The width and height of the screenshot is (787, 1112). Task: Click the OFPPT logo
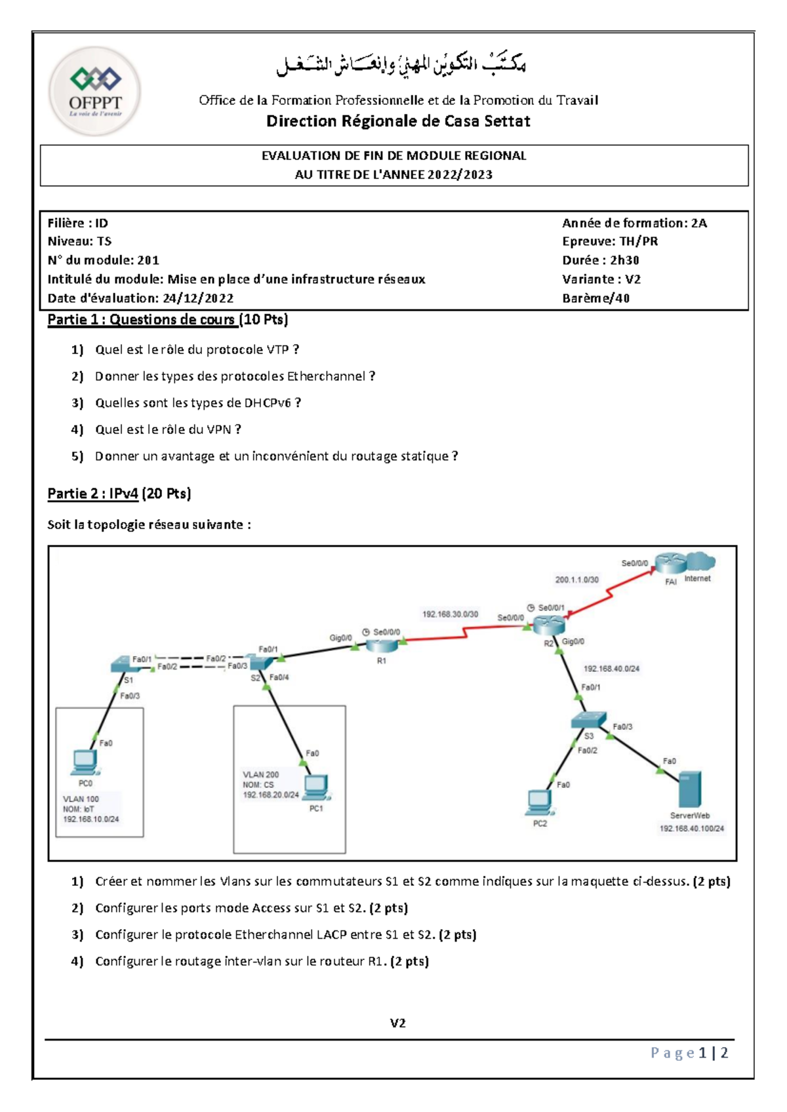coord(95,90)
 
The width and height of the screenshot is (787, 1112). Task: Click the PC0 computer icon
coord(85,763)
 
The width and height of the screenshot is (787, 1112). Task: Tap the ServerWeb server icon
coord(689,789)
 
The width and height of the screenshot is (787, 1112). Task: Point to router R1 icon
coord(382,646)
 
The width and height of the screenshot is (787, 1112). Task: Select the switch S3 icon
coord(588,721)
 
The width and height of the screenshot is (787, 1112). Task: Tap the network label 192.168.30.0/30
coord(450,614)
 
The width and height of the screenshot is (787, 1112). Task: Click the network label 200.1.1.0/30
coord(576,580)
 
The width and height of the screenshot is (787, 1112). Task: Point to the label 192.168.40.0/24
coord(611,669)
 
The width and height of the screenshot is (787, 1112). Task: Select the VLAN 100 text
coord(81,799)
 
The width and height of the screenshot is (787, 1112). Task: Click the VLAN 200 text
coord(260,775)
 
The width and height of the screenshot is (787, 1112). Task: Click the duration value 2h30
coord(624,260)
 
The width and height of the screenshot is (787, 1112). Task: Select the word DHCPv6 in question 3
coord(267,403)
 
